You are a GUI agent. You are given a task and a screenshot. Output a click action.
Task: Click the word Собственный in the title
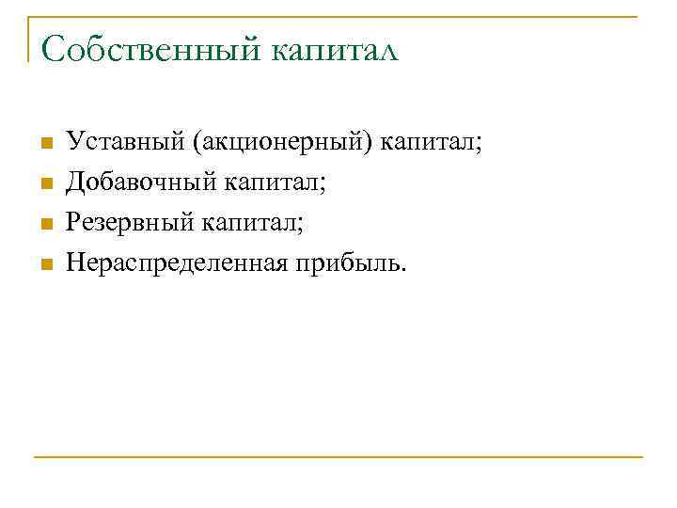(x=151, y=49)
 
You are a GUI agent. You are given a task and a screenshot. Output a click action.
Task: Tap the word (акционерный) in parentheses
(x=281, y=144)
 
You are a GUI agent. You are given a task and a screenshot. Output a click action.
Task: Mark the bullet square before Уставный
(x=43, y=145)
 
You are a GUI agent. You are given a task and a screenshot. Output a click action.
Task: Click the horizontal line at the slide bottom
(x=338, y=457)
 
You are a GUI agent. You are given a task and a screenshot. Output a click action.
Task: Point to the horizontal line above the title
(x=338, y=16)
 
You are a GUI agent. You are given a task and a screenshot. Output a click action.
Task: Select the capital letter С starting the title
(x=52, y=49)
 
